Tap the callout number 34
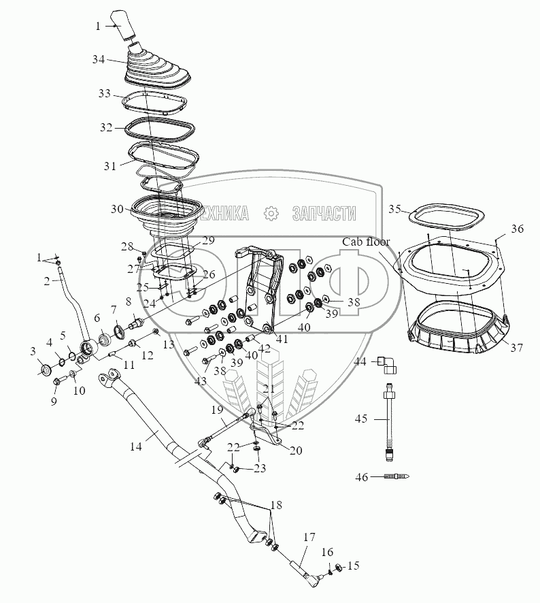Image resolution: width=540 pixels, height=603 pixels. click(x=99, y=60)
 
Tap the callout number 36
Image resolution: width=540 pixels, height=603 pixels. click(x=518, y=230)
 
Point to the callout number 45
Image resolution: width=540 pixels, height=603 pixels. click(x=360, y=419)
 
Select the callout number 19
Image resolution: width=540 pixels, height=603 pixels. click(x=216, y=410)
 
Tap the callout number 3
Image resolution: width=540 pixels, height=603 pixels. click(x=33, y=351)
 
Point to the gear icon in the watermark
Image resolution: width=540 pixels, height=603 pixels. click(x=271, y=214)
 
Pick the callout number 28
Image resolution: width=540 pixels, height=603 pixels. click(x=127, y=246)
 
